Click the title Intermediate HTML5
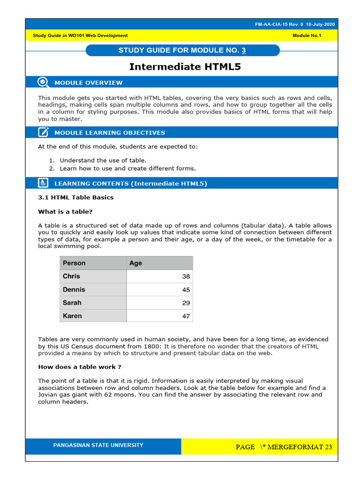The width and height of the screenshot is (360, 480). tap(185, 67)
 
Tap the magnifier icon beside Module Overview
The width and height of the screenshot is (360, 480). tap(43, 82)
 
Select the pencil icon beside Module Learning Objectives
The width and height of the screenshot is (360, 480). tap(43, 132)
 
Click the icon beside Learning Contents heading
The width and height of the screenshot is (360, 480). tap(43, 183)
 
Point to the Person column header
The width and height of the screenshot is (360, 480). tap(74, 263)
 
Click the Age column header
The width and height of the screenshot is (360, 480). tap(135, 263)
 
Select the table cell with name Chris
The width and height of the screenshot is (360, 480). tap(71, 276)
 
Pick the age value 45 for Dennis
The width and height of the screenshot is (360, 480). tap(186, 290)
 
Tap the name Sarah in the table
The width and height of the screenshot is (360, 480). tap(72, 303)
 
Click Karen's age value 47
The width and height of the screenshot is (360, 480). tap(186, 316)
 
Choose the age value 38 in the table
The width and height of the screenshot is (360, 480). tap(186, 277)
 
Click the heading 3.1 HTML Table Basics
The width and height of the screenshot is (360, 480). tap(75, 197)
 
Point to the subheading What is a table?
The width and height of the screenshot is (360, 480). tap(65, 211)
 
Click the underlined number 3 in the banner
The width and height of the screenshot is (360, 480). tap(244, 50)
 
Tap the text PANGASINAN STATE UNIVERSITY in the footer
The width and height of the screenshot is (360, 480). tap(98, 445)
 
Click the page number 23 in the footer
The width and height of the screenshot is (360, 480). tap(328, 447)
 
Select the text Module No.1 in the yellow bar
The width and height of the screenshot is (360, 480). tap(307, 36)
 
